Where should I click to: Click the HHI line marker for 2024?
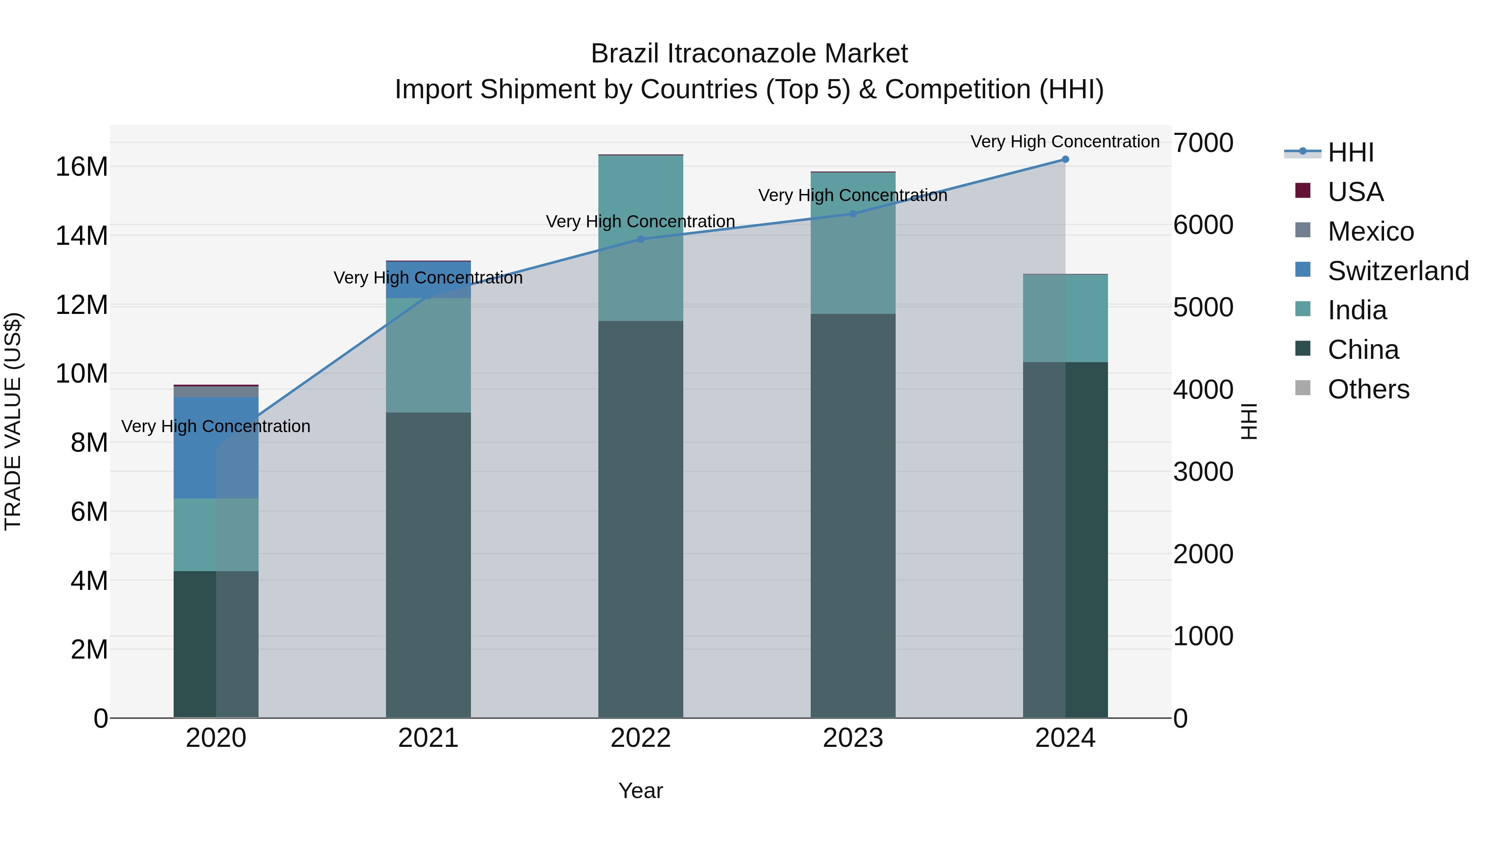click(x=1065, y=159)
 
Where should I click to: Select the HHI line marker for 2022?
click(x=641, y=239)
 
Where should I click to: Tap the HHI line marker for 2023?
click(x=853, y=214)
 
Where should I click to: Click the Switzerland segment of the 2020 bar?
click(x=216, y=448)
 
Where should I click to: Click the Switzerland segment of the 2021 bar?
click(x=428, y=279)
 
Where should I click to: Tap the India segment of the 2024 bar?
click(x=1065, y=318)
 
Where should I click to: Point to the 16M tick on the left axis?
click(x=82, y=167)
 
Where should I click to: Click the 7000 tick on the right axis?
click(x=1202, y=143)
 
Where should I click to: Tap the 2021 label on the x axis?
click(x=428, y=738)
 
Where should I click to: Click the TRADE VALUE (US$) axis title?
click(x=13, y=421)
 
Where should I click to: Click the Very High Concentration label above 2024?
click(x=1064, y=142)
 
